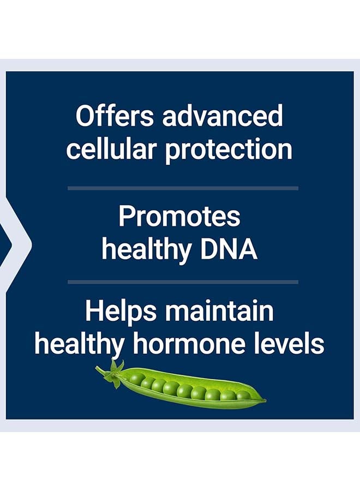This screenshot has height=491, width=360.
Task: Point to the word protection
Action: coord(229,149)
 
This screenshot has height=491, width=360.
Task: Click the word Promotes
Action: coord(179,217)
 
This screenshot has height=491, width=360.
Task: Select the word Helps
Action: coord(121,312)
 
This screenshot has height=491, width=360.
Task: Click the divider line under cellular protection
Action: coord(183,188)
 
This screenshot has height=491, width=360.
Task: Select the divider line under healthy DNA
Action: coord(183,282)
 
